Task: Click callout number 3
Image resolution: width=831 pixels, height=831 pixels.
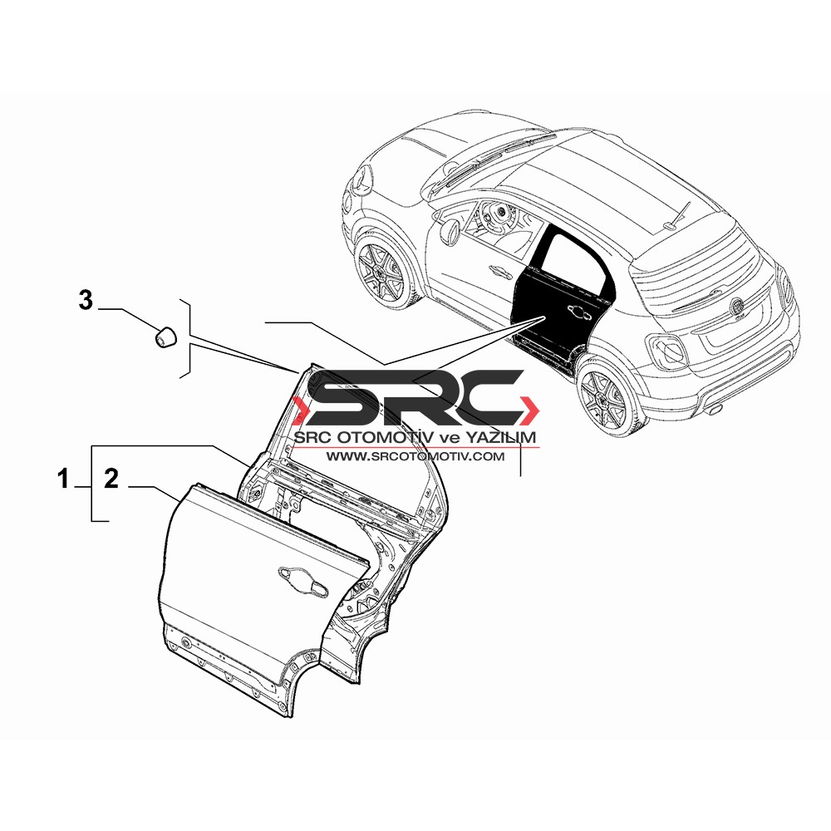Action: coord(86,301)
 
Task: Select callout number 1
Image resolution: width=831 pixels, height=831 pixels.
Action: coord(64,479)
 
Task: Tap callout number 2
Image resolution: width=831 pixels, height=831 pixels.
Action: coord(111,479)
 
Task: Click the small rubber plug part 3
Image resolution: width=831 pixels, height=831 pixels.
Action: coord(166,337)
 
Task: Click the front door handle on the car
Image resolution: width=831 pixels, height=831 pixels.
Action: coord(501,271)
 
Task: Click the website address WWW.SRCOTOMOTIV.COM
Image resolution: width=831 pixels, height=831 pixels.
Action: coord(415,456)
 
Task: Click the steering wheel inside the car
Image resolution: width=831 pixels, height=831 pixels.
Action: coord(498,214)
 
